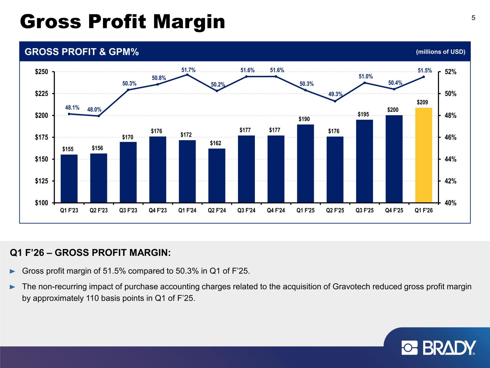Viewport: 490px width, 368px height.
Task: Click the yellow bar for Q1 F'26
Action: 423,155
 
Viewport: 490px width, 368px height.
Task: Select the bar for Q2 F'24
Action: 217,175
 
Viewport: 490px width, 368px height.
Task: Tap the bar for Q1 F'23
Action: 69,178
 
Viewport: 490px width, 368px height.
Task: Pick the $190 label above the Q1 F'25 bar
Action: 305,119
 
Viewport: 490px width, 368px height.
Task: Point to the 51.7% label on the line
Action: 188,70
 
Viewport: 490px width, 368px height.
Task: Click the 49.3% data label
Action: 336,94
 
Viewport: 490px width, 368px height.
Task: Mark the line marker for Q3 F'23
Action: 128,89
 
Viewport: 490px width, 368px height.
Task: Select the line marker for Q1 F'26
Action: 424,77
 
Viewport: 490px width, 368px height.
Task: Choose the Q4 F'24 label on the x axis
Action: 276,211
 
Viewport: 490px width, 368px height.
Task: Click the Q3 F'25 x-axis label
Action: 364,211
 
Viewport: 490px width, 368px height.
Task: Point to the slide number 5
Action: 473,18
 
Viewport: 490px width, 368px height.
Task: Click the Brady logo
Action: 439,348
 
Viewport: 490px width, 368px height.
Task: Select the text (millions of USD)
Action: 440,52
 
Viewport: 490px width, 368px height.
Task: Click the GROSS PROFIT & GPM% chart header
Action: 81,52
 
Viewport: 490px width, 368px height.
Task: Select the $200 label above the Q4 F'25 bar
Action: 394,109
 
